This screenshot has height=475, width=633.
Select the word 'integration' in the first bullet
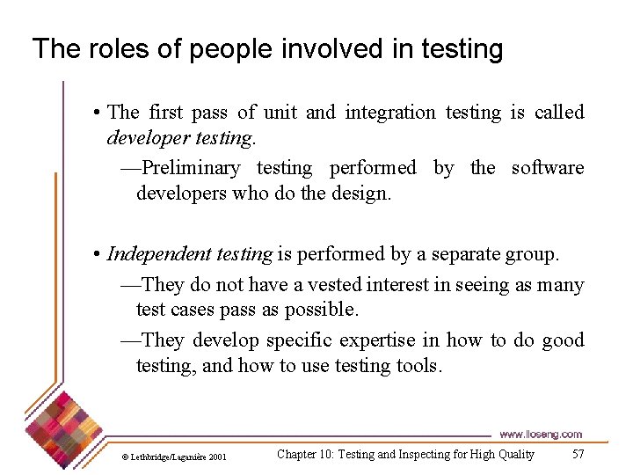coord(389,113)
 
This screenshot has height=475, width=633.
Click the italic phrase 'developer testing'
coord(181,138)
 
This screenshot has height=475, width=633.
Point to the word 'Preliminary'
coord(190,168)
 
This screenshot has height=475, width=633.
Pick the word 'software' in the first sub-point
coord(547,168)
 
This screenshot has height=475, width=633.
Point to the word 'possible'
coord(325,310)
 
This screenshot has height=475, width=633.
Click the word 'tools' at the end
coord(417,365)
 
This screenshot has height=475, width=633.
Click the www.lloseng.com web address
coord(540,435)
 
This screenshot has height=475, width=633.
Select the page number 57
coord(578,455)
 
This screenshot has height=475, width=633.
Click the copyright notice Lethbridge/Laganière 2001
coord(173,457)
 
